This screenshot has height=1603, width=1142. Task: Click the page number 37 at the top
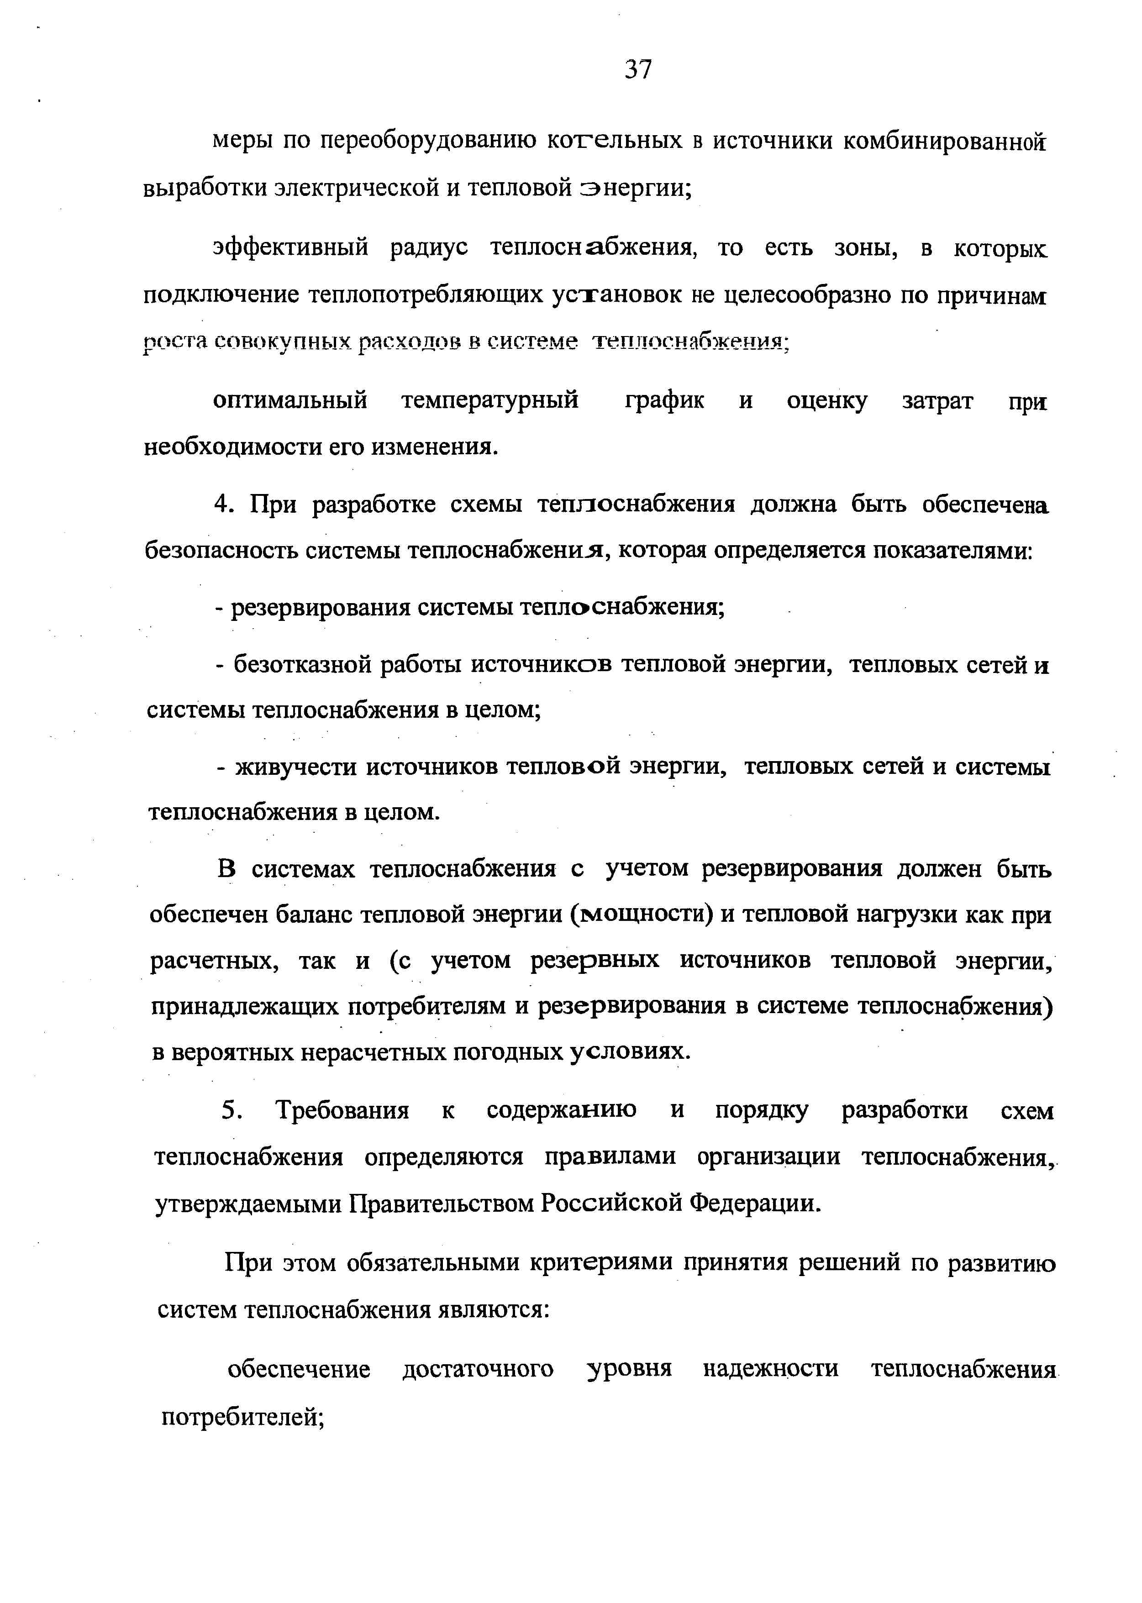[638, 69]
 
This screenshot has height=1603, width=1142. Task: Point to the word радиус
[429, 248]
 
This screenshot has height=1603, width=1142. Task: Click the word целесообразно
[808, 296]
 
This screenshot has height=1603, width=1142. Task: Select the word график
[664, 401]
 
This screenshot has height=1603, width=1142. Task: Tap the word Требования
[342, 1111]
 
